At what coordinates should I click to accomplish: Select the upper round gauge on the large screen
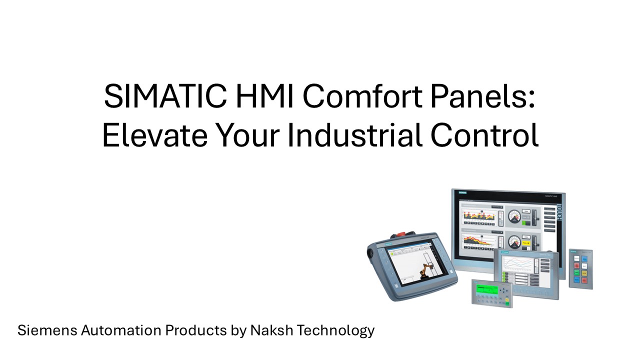(514, 216)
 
